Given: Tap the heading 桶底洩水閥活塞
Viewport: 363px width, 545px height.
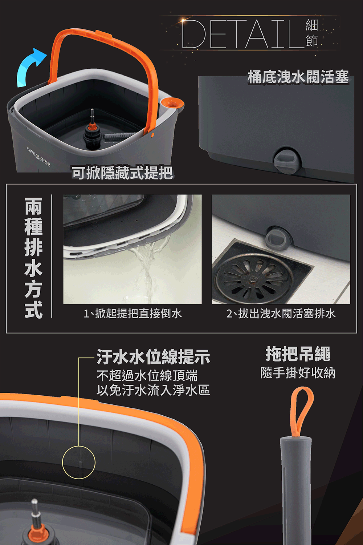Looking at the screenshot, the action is pos(298,77).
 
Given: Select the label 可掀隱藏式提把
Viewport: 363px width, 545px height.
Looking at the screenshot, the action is pos(122,173).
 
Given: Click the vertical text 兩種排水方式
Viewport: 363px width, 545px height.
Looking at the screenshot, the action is pos(33,258).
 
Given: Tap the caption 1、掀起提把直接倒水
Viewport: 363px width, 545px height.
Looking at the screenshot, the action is pos(132,314).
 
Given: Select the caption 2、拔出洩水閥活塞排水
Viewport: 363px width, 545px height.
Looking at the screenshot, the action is pos(281,314).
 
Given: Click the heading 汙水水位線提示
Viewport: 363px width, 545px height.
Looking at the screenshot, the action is pos(153,357).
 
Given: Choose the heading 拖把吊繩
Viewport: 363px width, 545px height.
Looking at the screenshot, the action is pos(298,354).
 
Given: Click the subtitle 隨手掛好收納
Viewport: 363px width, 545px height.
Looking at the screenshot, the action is pos(298,373).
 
